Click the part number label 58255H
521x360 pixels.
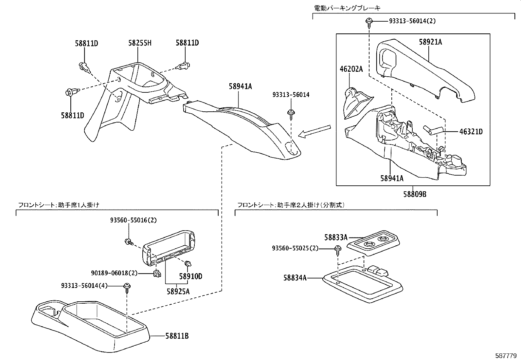point(140,43)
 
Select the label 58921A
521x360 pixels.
point(431,42)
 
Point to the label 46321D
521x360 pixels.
point(471,132)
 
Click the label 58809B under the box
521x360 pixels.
point(415,194)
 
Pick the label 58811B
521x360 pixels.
point(177,336)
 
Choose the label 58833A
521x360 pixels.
point(336,237)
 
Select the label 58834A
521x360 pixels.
point(295,278)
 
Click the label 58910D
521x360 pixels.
point(190,276)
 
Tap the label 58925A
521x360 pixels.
point(178,291)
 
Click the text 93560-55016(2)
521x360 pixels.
point(133,220)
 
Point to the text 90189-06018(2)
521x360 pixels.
point(114,273)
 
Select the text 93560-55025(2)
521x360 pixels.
point(295,248)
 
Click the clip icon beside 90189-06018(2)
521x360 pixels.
point(157,273)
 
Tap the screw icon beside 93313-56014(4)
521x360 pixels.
point(127,287)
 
